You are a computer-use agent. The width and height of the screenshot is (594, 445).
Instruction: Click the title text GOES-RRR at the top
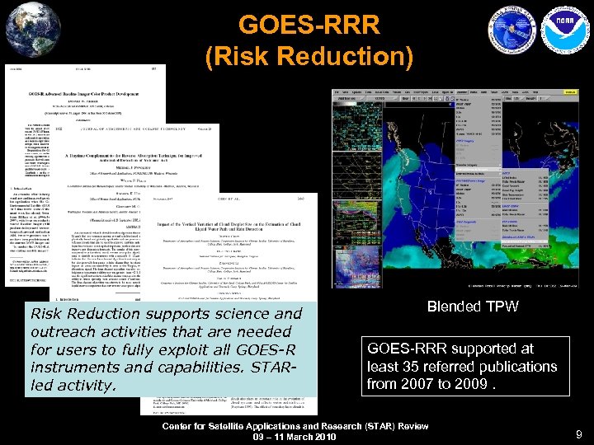[x=309, y=26]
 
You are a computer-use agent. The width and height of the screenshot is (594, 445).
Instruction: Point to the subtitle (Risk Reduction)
[x=309, y=58]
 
